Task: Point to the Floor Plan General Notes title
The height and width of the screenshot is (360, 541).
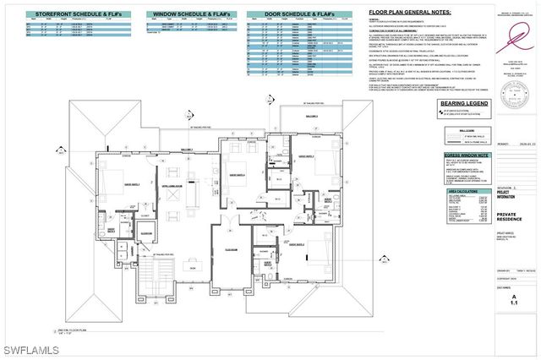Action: pos(399,12)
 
